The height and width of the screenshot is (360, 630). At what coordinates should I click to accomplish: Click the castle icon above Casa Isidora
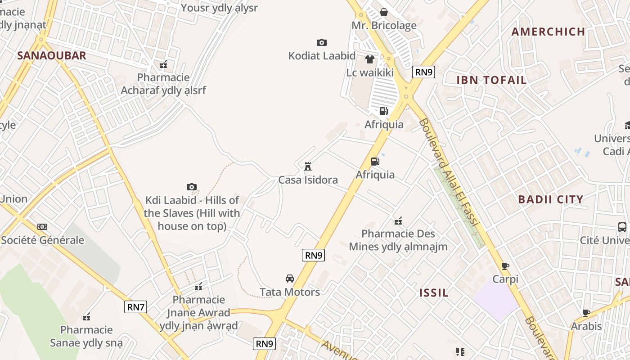308,166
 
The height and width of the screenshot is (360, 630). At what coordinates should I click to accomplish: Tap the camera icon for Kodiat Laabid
321,42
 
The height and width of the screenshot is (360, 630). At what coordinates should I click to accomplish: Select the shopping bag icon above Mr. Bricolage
384,12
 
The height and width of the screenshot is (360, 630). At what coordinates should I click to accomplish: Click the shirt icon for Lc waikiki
370,59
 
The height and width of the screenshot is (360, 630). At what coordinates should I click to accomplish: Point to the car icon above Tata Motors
290,279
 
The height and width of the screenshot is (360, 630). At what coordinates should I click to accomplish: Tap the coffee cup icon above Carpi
505,266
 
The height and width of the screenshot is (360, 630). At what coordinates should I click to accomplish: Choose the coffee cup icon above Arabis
586,313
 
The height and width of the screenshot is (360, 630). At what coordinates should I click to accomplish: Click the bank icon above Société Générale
42,227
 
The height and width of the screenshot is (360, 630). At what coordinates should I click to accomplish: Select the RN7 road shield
135,307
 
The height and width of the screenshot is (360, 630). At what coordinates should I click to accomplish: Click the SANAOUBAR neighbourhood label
51,56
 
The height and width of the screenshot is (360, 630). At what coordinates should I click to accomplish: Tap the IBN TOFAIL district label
491,81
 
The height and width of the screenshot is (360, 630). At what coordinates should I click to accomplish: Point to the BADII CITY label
550,199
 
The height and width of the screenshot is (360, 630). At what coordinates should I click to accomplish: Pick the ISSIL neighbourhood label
434,293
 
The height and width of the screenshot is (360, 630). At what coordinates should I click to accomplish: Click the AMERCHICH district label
548,31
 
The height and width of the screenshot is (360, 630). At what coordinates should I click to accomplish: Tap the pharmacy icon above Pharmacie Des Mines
398,220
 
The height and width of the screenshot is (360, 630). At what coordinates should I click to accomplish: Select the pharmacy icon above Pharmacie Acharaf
163,64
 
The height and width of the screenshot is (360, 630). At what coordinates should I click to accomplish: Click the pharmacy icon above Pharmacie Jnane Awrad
198,286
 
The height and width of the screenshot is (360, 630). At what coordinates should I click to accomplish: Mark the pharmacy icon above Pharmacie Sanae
86,317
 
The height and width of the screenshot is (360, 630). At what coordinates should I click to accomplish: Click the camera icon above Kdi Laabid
192,187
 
